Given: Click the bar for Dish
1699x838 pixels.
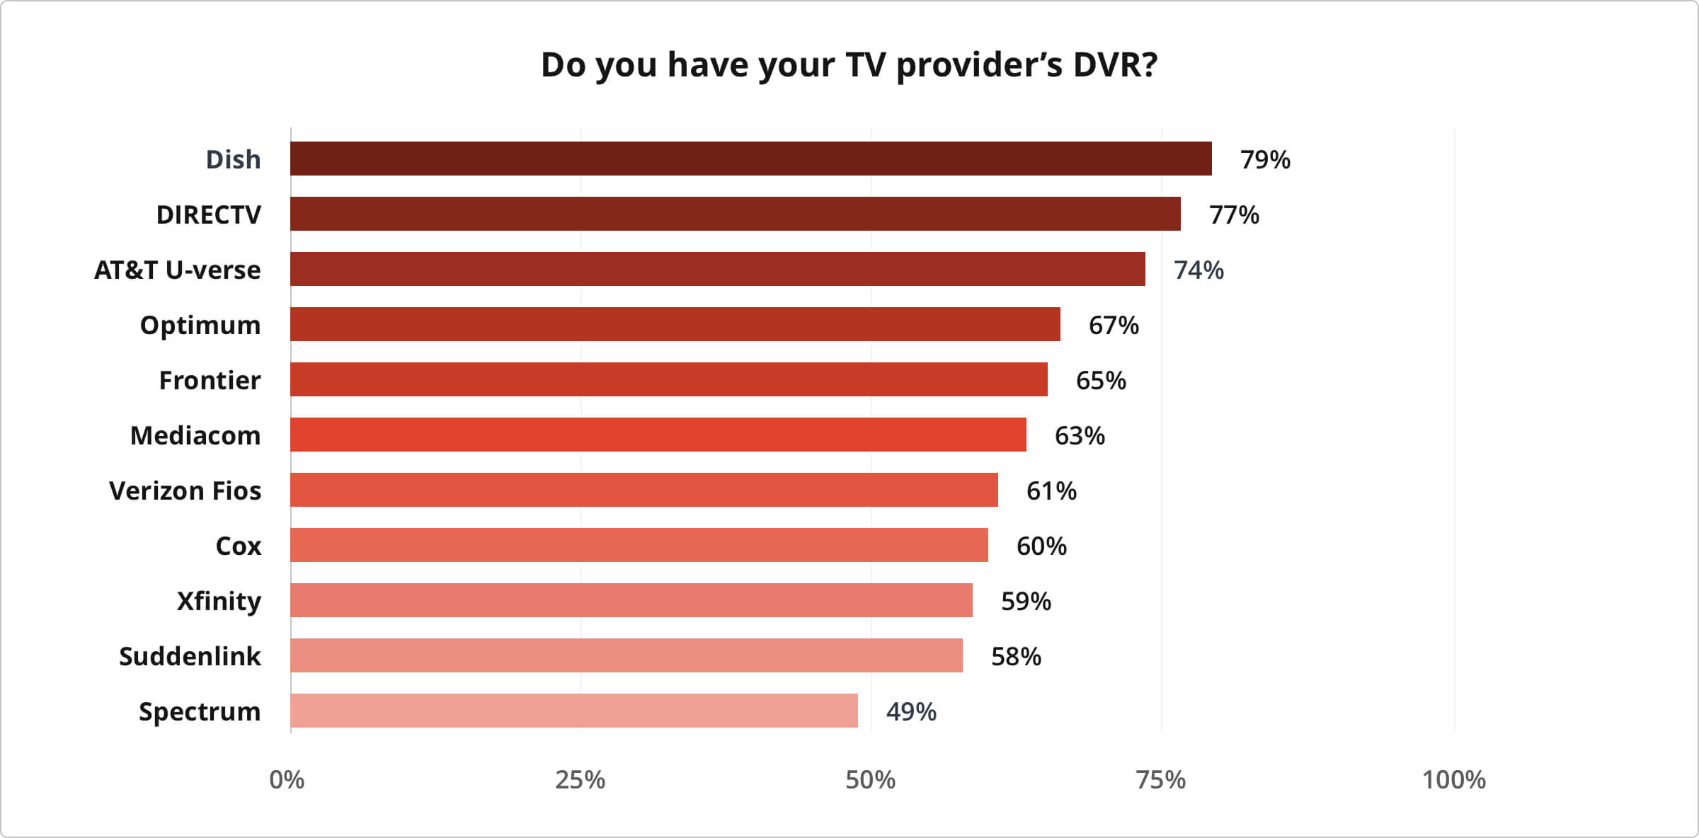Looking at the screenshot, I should pos(750,159).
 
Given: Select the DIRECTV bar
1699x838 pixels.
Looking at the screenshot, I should pos(735,214).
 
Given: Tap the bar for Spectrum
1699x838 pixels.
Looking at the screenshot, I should pos(573,711).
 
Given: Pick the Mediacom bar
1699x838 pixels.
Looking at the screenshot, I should pos(658,435).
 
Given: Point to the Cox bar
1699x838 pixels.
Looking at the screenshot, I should pos(639,545).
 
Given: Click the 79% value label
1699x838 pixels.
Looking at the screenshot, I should pos(1265,160).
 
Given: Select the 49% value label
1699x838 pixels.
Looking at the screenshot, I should pos(911,712).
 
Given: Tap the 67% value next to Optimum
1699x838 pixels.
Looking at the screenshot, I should pos(1114,326).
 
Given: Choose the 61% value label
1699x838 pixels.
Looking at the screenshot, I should pos(1051,491).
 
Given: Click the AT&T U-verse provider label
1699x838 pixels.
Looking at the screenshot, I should pos(178,270).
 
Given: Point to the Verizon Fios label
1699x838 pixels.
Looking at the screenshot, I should pos(185,491).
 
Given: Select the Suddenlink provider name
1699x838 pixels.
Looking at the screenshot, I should pos(190,657).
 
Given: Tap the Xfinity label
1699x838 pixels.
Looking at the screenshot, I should pos(219,602).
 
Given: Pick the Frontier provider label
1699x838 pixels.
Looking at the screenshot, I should pos(210,381).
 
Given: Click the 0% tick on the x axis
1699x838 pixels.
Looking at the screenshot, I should pos(287,780).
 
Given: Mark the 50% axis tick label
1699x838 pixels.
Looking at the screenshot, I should pos(870,780).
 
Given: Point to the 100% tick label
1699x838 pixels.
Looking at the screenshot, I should pos(1453,780).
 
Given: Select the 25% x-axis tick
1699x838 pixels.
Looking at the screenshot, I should pos(580,780).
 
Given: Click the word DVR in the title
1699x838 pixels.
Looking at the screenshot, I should pos(1115,65).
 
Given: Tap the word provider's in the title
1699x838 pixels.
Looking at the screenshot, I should pos(979,65).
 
